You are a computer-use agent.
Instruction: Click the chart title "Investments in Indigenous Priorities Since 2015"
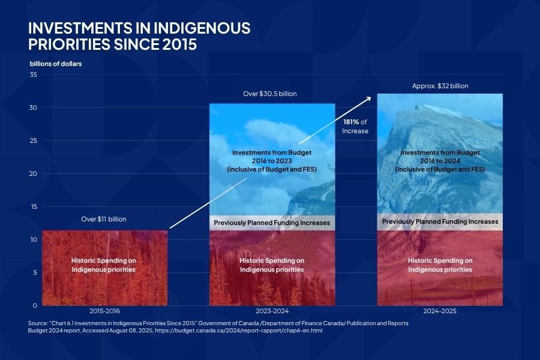pos(140,37)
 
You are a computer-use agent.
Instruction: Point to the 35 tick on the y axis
pos(34,75)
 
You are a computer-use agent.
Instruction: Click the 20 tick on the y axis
pos(34,174)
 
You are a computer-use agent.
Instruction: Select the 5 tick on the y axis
pos(35,273)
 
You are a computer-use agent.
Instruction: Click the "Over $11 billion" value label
pos(104,219)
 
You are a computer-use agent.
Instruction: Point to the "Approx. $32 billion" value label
pos(440,86)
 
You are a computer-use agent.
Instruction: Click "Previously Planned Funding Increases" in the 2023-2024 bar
pos(272,223)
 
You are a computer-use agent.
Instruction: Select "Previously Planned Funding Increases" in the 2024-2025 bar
pos(440,221)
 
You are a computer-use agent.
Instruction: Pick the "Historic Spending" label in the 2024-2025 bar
pos(440,265)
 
